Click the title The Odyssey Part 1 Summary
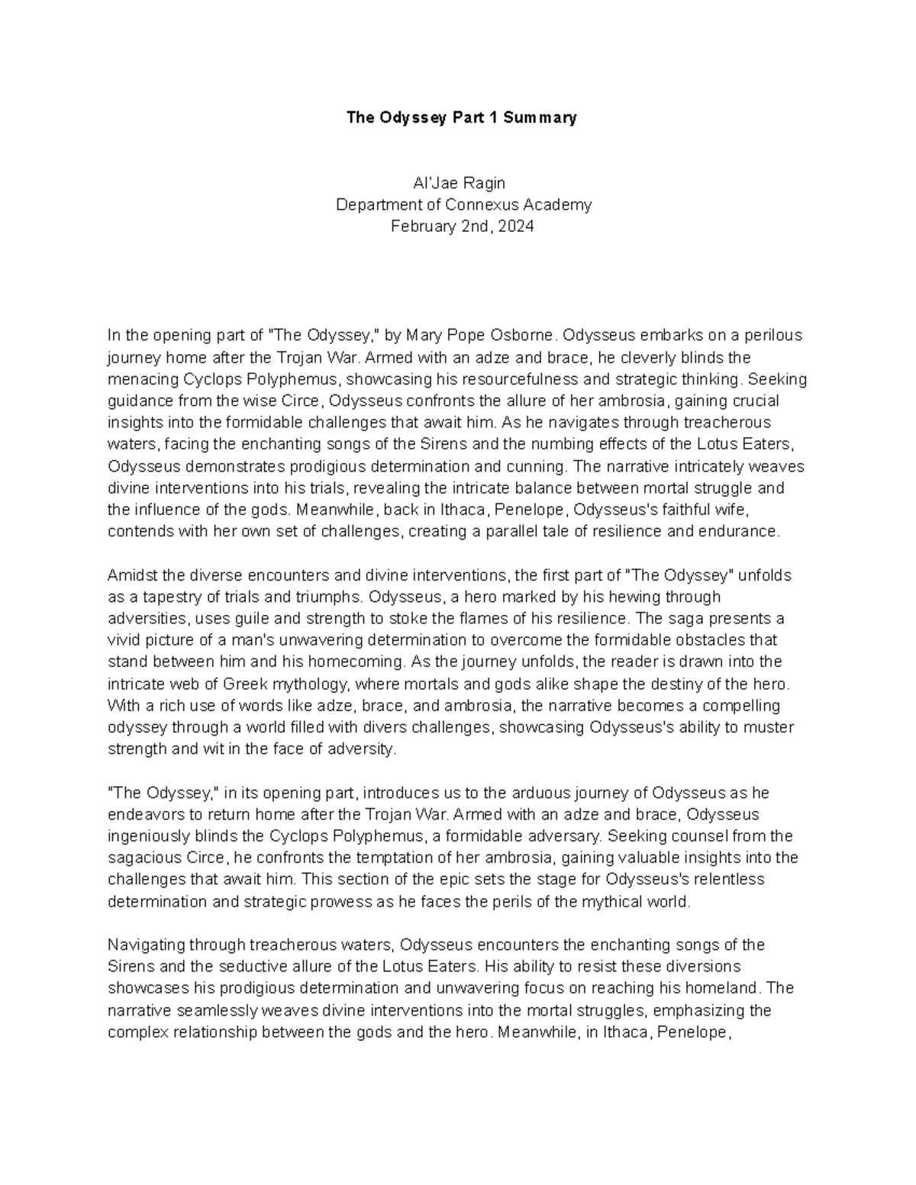[461, 118]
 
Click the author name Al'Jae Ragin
[459, 183]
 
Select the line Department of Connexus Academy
[463, 204]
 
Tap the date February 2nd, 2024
[462, 227]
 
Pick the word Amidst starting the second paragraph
[131, 575]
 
